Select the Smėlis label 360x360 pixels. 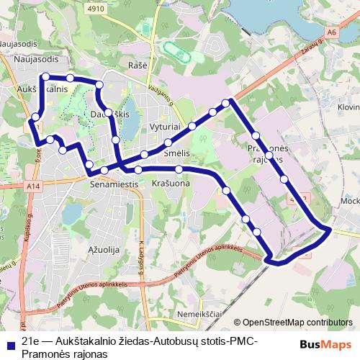coord(176,154)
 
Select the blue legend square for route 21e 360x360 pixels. coord(9,341)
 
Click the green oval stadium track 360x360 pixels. coord(176,52)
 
